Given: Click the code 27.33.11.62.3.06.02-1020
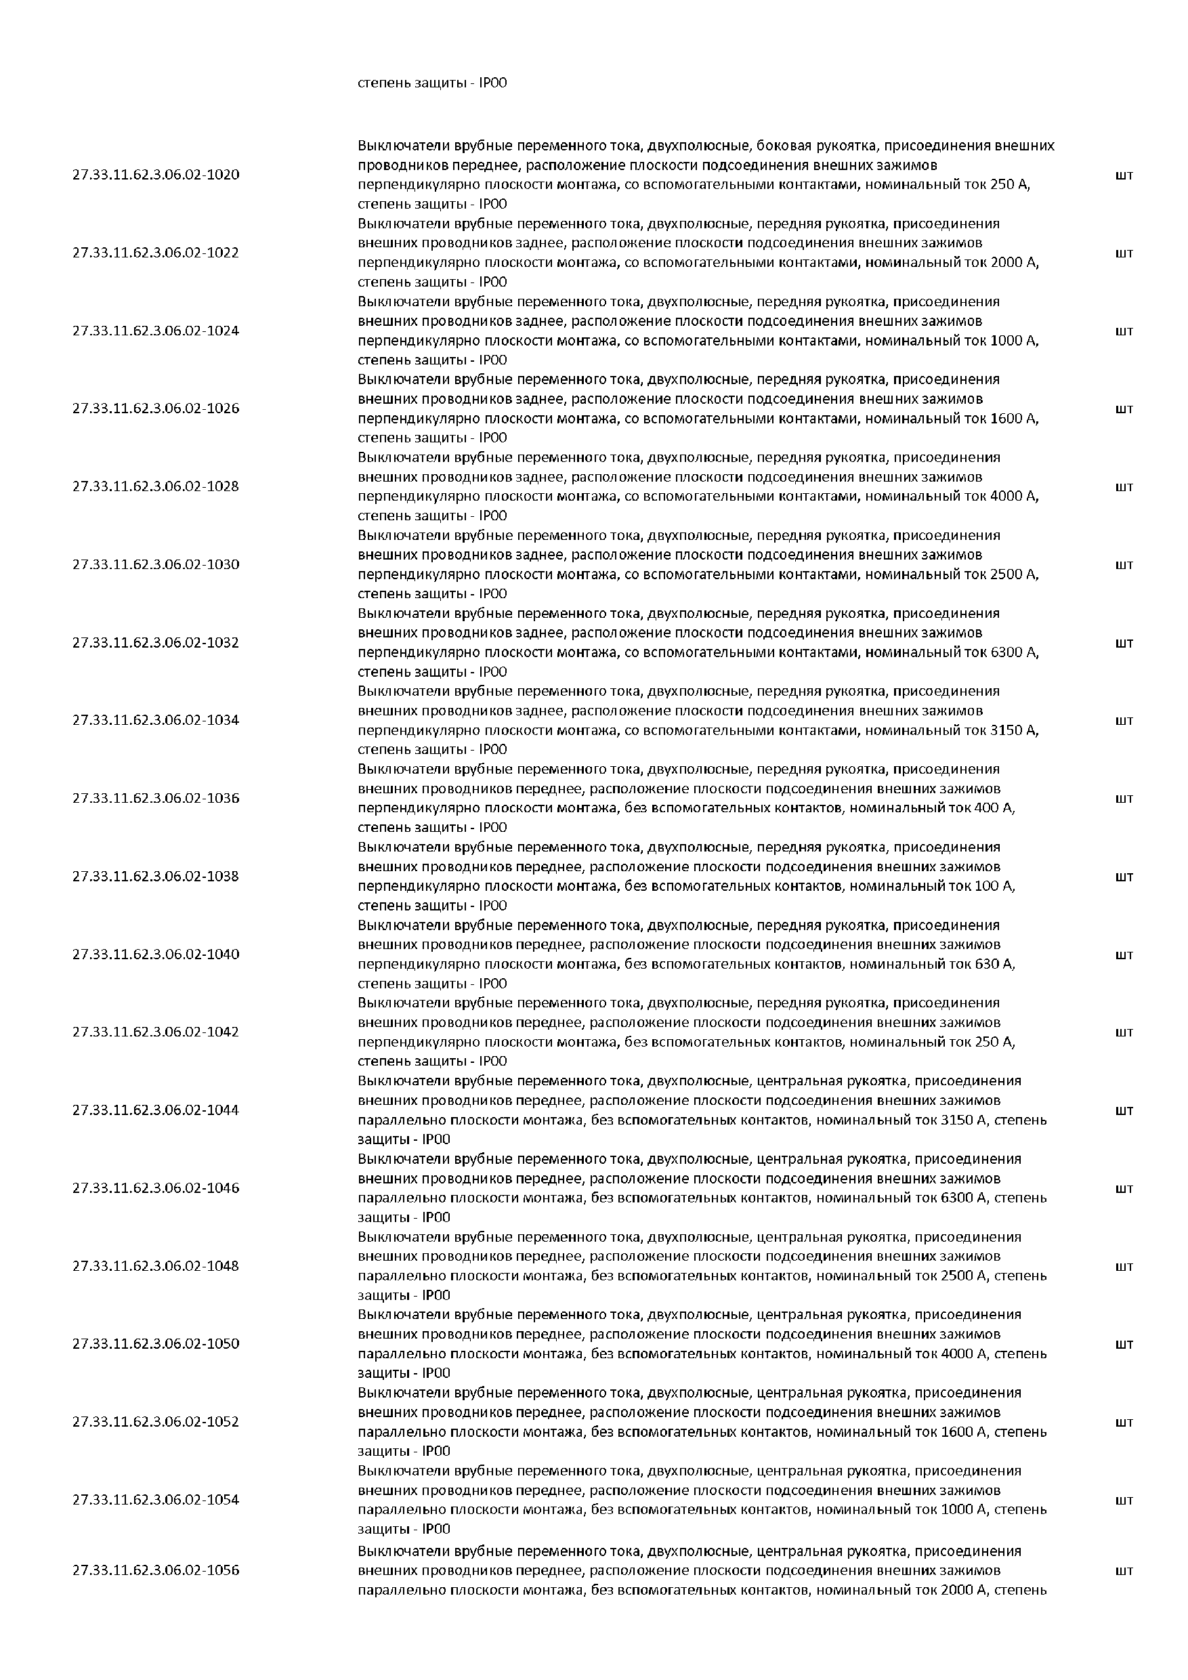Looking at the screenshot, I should pos(156,175).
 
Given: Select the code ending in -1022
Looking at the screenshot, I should pos(156,253).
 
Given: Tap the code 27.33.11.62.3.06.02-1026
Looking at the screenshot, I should pos(156,408).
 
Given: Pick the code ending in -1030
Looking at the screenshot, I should pos(156,564).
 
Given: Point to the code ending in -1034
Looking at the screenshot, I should pos(156,720).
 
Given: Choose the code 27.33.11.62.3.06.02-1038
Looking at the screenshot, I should pos(156,876).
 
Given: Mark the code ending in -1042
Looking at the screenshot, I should pos(156,1032).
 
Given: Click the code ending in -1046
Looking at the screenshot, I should pos(156,1188).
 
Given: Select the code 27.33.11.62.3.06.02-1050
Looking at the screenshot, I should pos(156,1343).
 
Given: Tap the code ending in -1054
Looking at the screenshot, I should pos(156,1499).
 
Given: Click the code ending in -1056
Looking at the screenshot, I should pos(156,1570).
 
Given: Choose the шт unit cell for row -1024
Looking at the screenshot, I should pos(1124,331).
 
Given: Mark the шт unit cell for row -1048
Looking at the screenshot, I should pos(1124,1266).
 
